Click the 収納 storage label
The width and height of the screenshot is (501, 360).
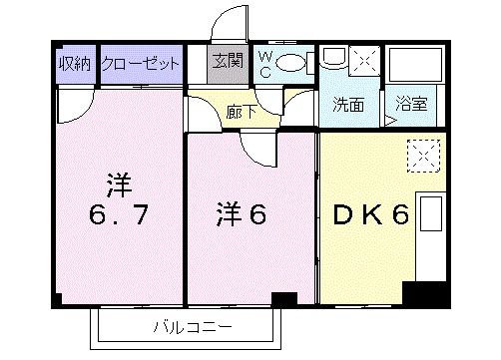pyautogui.click(x=75, y=63)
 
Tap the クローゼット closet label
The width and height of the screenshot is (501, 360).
pyautogui.click(x=140, y=63)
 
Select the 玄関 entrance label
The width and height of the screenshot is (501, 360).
pyautogui.click(x=228, y=61)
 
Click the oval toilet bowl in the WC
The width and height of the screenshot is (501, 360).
pyautogui.click(x=290, y=63)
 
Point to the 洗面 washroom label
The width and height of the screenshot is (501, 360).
pyautogui.click(x=348, y=105)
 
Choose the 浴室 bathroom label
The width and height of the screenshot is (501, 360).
pyautogui.click(x=411, y=104)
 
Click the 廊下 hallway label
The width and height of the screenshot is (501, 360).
pyautogui.click(x=242, y=112)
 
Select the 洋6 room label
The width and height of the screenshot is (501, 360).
pyautogui.click(x=242, y=214)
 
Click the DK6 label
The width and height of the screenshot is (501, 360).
pyautogui.click(x=371, y=214)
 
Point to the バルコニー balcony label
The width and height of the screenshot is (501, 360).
pyautogui.click(x=193, y=327)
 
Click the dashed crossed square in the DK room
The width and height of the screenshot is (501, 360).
pyautogui.click(x=424, y=156)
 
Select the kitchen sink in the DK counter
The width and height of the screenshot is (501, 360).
pyautogui.click(x=431, y=213)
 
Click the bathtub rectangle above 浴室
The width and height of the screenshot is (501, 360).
pyautogui.click(x=415, y=64)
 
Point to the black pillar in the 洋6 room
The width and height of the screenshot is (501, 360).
pyautogui.click(x=284, y=298)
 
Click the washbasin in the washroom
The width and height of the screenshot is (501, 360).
pyautogui.click(x=334, y=59)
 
